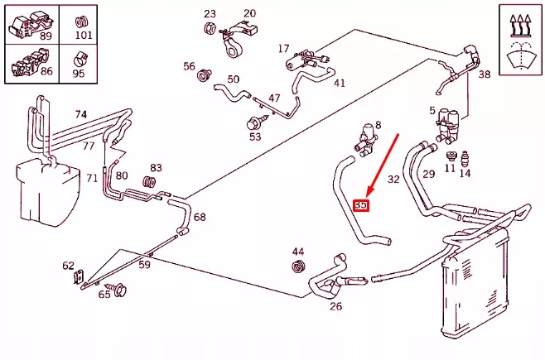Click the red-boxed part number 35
(x=361, y=205)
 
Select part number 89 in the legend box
(x=46, y=36)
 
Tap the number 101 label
(x=83, y=36)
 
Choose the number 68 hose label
(x=200, y=218)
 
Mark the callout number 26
(x=335, y=307)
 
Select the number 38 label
(x=485, y=74)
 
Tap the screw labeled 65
(x=119, y=290)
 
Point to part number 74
(x=80, y=114)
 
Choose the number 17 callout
(x=283, y=49)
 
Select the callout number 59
(x=144, y=266)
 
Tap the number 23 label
(x=210, y=14)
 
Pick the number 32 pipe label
(x=393, y=179)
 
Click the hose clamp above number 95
(x=80, y=59)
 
